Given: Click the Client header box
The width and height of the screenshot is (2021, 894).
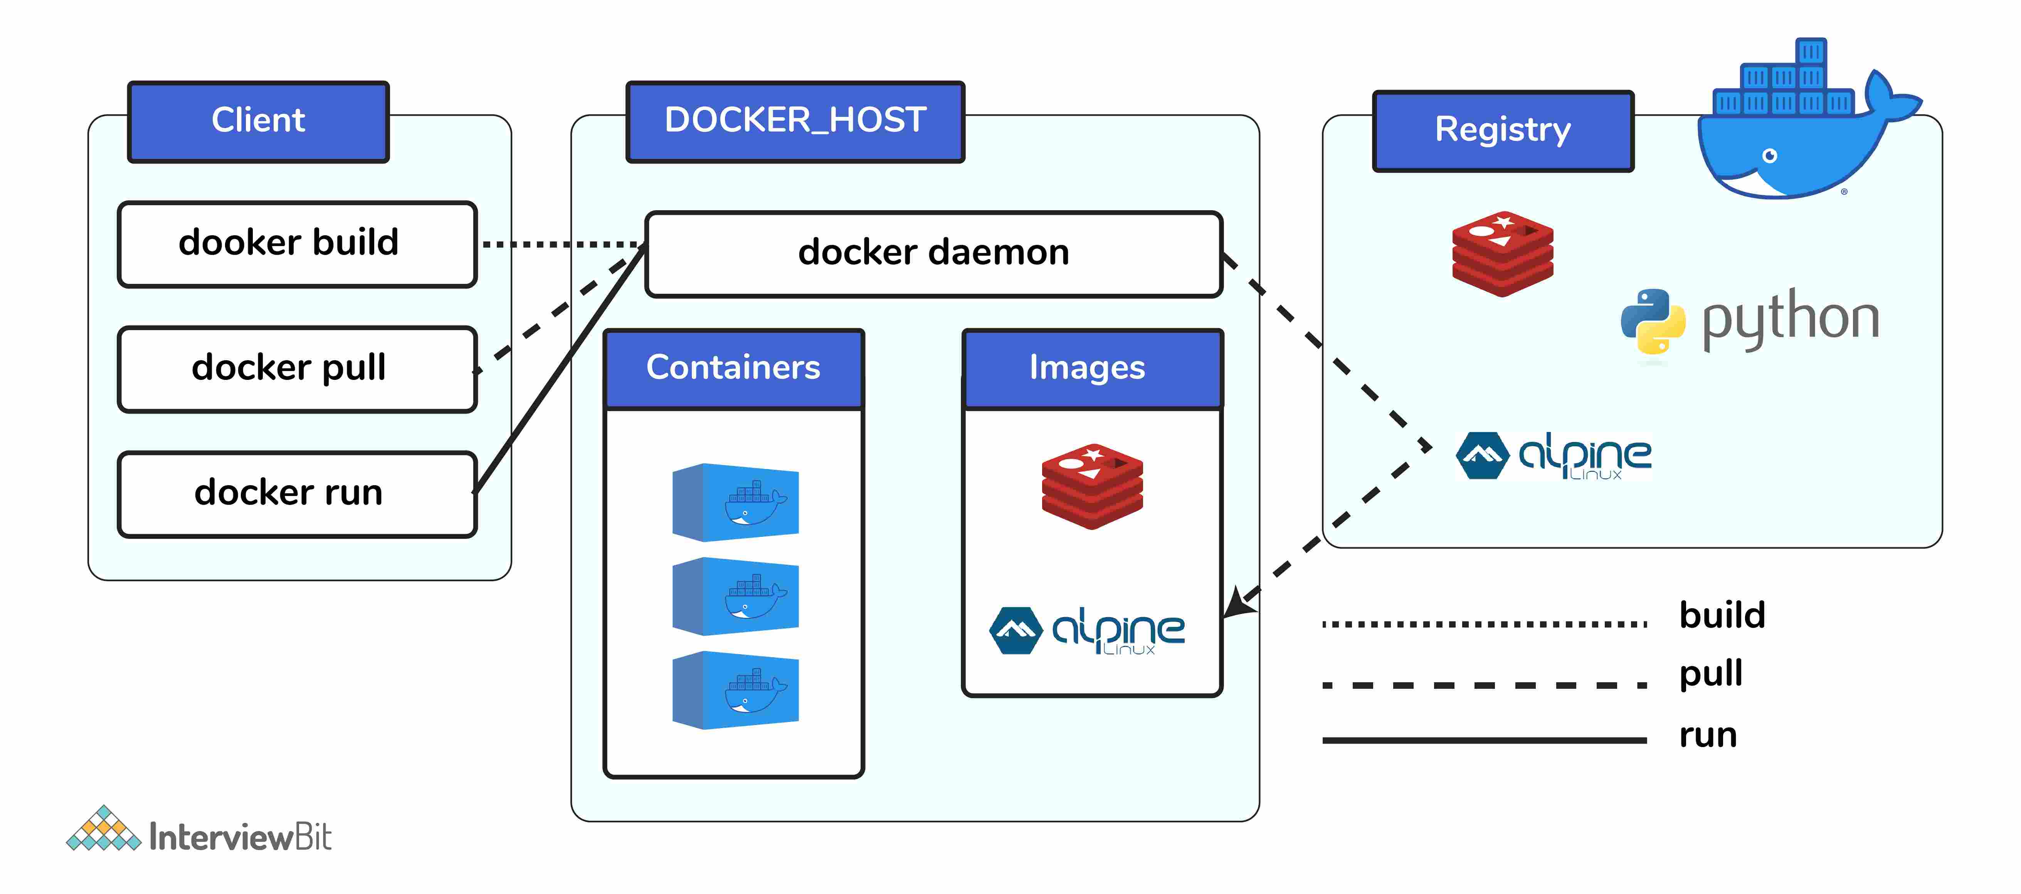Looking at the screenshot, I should (x=258, y=121).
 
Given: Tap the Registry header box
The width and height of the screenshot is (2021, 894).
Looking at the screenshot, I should (x=1502, y=130).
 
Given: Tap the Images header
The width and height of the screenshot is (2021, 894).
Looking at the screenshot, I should (x=1091, y=368).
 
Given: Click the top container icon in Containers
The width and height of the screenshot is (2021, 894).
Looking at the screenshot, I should (x=735, y=502).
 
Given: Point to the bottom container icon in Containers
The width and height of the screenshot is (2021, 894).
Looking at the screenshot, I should (x=735, y=690).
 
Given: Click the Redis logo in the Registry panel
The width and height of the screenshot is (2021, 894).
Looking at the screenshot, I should (x=1501, y=253).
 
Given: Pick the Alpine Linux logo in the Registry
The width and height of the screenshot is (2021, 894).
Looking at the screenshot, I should (x=1554, y=455).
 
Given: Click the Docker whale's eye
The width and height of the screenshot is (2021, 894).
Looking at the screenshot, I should (x=1770, y=155).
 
